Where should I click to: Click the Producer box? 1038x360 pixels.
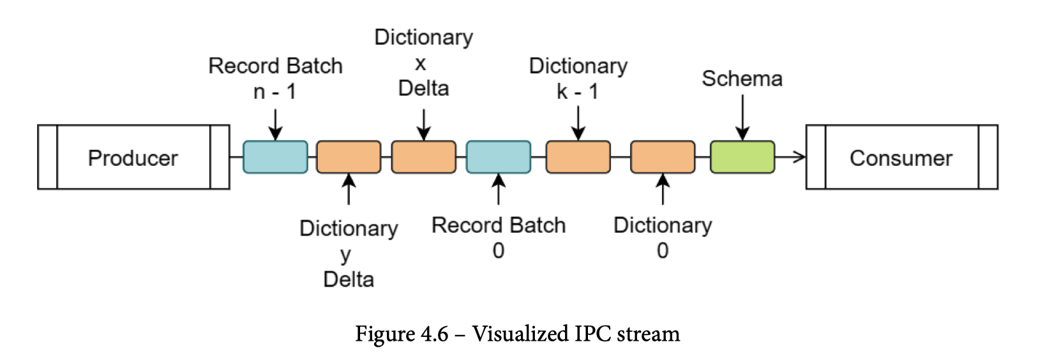(133, 158)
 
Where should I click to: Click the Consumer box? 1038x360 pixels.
(901, 158)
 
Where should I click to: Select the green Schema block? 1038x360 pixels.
(742, 157)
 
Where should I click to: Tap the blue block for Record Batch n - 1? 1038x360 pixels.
(275, 157)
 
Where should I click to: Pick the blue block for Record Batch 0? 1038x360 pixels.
(498, 157)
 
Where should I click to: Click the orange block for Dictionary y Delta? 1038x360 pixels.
(349, 157)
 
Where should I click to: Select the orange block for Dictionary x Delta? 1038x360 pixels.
(423, 157)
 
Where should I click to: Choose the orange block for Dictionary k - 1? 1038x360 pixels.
(578, 157)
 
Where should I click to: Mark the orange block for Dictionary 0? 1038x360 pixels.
(663, 157)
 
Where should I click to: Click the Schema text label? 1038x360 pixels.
(742, 79)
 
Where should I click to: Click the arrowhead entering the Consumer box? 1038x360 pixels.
(799, 157)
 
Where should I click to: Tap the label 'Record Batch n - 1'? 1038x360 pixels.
(275, 79)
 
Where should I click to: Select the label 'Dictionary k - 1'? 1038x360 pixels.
(578, 79)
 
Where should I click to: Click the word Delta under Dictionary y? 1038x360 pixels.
(349, 279)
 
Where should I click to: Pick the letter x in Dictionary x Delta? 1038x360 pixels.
(420, 63)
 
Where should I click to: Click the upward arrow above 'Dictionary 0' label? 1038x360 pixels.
(663, 190)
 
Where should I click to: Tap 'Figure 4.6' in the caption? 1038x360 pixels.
(402, 334)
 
